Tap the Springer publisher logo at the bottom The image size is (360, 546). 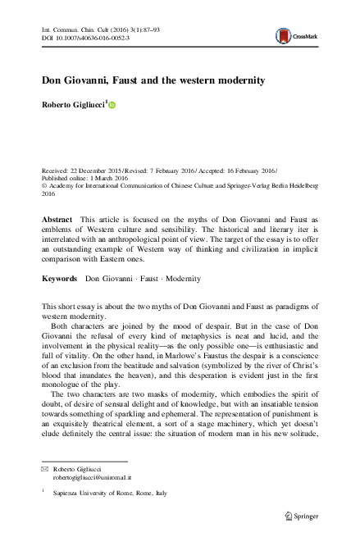coord(301,516)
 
